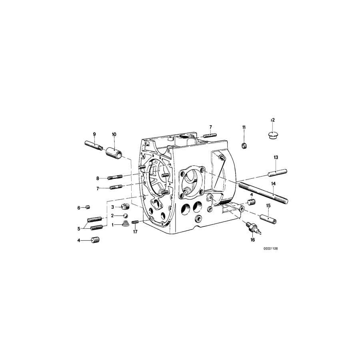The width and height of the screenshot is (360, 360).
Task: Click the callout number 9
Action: coord(94,134)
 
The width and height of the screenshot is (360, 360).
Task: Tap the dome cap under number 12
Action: coord(273,135)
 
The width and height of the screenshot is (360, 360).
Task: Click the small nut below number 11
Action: coord(244,146)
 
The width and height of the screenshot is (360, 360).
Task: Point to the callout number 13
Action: coord(276,157)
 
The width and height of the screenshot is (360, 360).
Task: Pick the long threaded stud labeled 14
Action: coord(263,192)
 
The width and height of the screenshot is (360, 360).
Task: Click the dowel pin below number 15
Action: coord(268,219)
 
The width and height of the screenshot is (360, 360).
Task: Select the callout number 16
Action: coord(252,240)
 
